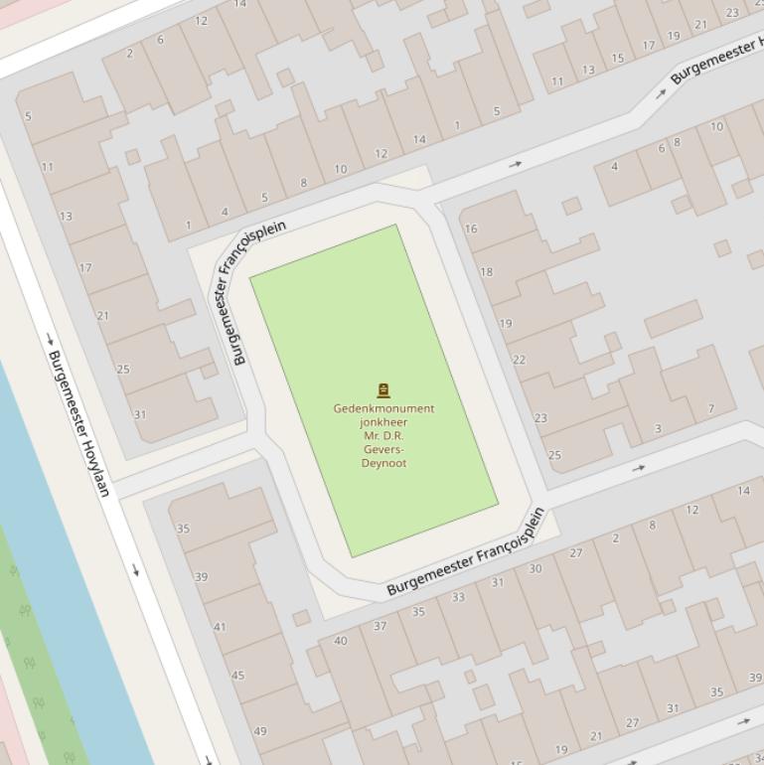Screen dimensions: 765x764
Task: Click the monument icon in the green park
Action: [383, 390]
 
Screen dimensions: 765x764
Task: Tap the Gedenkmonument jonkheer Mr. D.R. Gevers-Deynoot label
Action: [383, 435]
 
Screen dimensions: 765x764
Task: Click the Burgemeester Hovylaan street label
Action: [78, 423]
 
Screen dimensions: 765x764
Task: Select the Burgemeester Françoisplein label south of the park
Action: [466, 552]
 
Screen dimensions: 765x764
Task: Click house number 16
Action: [471, 229]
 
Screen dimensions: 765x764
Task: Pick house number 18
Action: [486, 272]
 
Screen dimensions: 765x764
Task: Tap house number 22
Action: [519, 360]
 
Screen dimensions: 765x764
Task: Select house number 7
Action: [711, 408]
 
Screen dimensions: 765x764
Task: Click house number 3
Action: [658, 429]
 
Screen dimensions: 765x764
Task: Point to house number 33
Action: [458, 597]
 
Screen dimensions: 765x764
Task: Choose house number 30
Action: [535, 568]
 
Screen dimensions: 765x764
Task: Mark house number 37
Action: [380, 626]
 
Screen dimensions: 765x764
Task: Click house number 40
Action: [341, 641]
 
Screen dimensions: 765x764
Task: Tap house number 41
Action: [220, 627]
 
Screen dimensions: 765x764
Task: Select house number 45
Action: [237, 676]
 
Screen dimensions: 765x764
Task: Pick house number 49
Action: [260, 730]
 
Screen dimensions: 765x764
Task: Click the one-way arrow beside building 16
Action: [516, 164]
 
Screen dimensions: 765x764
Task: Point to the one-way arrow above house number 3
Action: [638, 468]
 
